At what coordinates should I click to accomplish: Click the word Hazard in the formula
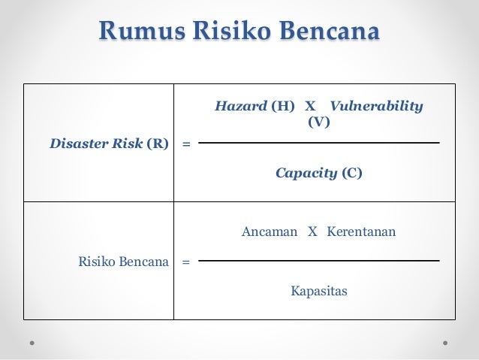coord(240,106)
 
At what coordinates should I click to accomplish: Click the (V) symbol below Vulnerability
coord(319,121)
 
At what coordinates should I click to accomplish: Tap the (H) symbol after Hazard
coord(283,106)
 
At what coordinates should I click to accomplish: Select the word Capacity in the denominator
coord(306,174)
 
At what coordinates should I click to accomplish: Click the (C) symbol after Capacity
coord(351,174)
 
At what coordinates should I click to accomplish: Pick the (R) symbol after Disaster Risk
coord(157,142)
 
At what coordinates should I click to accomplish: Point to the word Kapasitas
coord(319,290)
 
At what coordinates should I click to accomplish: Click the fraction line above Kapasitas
coord(319,261)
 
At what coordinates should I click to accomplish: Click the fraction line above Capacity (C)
coord(319,142)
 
